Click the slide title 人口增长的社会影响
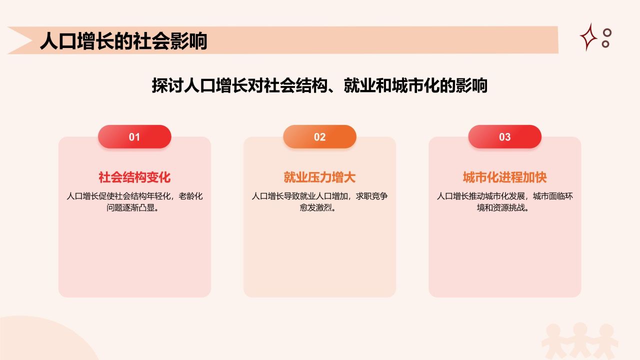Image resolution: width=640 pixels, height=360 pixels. (123, 41)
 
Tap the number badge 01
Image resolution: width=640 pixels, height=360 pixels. (134, 137)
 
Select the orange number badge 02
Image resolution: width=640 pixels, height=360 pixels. (319, 137)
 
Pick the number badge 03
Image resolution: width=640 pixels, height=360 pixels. (504, 137)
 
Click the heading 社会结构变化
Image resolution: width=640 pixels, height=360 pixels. (134, 177)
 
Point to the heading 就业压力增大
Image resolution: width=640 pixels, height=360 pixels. (319, 177)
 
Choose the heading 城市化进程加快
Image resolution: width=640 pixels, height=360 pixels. (504, 177)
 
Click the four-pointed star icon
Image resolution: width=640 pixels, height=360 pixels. (589, 37)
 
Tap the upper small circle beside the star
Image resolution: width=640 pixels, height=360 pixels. (607, 32)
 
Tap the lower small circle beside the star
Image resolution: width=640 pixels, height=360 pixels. (605, 43)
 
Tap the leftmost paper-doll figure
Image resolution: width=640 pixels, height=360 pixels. (553, 340)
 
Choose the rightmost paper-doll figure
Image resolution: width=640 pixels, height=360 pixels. (606, 340)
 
